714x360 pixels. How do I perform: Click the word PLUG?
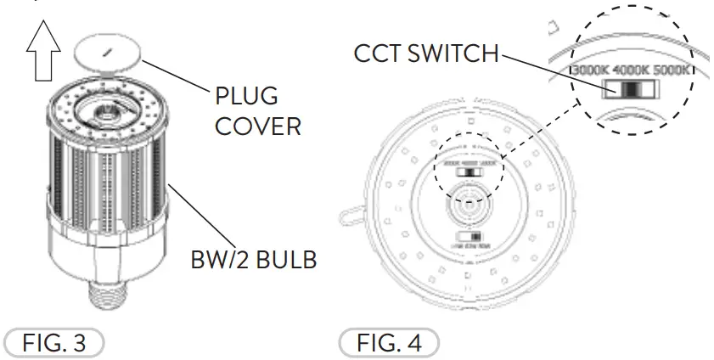(246, 96)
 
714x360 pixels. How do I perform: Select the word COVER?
(257, 127)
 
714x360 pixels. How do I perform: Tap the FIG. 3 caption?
(53, 344)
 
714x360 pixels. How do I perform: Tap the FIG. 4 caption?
(390, 344)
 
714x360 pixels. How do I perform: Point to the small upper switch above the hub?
(467, 171)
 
